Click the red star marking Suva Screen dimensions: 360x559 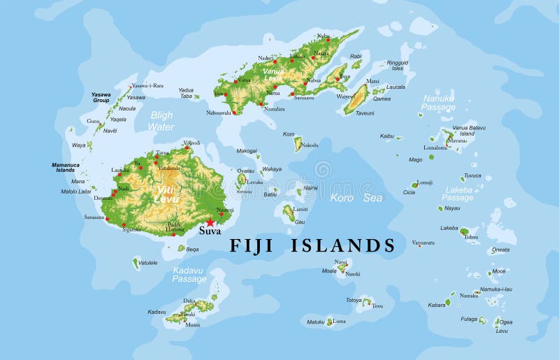(210, 222)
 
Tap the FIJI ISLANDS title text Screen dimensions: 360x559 (313, 245)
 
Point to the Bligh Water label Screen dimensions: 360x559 (161, 121)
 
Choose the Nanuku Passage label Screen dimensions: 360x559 (438, 103)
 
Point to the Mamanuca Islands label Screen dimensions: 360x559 (66, 168)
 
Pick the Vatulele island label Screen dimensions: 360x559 (147, 263)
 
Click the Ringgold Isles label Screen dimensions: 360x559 (397, 66)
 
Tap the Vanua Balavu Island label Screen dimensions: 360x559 (468, 131)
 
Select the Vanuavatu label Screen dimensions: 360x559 (423, 243)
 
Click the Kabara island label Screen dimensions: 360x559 (437, 305)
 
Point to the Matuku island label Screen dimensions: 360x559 (316, 322)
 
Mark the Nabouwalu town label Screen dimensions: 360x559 (219, 113)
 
